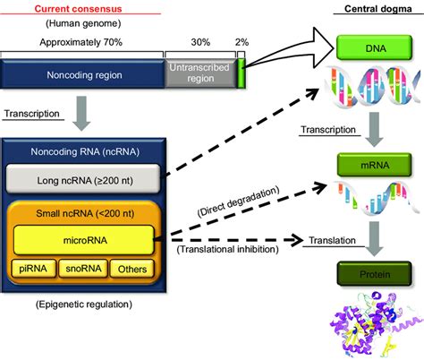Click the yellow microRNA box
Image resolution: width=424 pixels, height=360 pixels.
pos(82,238)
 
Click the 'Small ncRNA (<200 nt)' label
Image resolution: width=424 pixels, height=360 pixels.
pos(82,212)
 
